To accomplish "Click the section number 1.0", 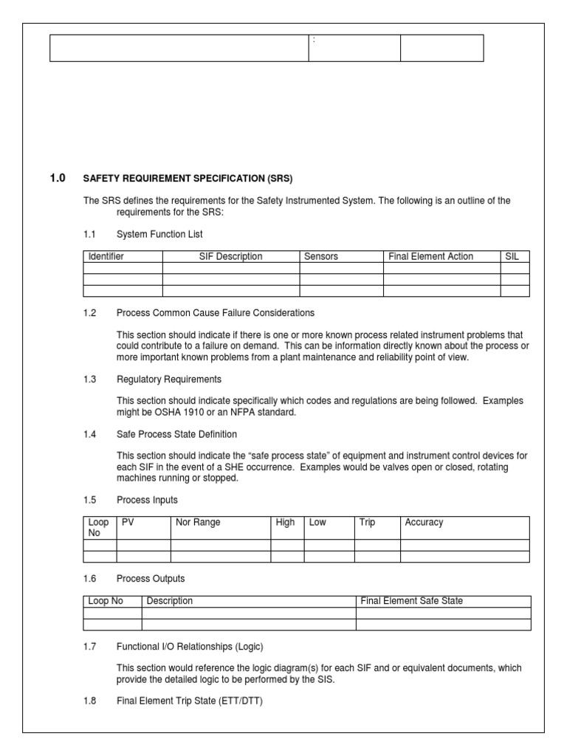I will [58, 178].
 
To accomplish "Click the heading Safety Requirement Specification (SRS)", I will [188, 179].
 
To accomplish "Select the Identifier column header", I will [106, 256].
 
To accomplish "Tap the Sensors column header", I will [321, 256].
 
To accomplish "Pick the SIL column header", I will [512, 256].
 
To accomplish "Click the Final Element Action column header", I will [431, 256].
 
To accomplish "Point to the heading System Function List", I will [159, 234].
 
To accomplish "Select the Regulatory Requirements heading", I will [169, 379].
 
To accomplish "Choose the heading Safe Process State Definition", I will [177, 434].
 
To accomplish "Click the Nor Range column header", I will [198, 522].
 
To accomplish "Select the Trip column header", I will [367, 522].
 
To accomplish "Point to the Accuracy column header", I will [424, 522].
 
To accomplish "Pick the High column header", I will [285, 522].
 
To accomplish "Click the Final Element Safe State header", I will [412, 601].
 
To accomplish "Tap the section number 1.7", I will [90, 647].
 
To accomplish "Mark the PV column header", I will [128, 522].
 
